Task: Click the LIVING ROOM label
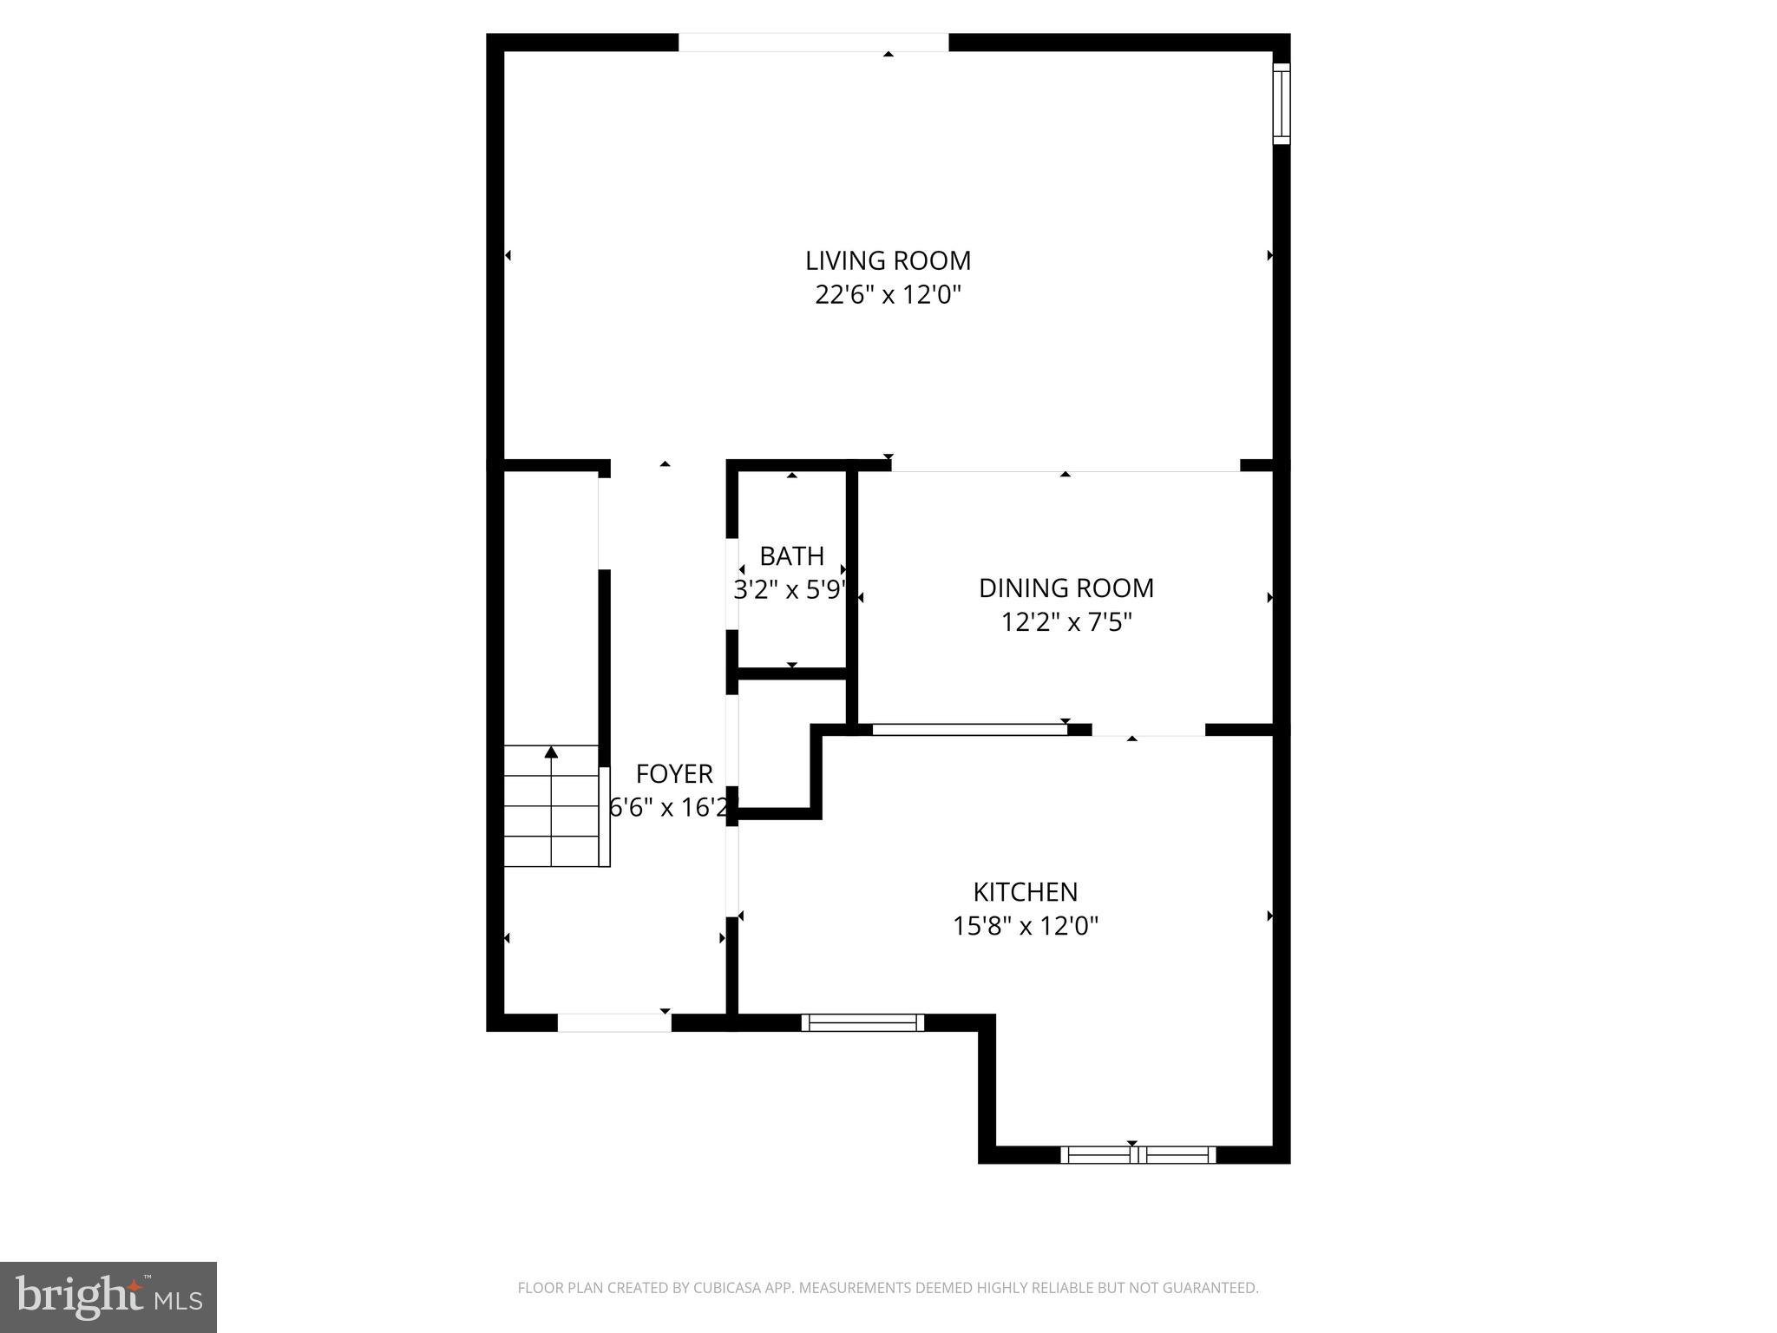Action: (888, 260)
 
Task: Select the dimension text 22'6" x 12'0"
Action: (888, 295)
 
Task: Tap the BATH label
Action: (791, 556)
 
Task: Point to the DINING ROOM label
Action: (1066, 588)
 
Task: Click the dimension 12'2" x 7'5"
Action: (1066, 623)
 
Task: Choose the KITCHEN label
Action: (1025, 892)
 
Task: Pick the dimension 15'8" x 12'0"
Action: (1025, 927)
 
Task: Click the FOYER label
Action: (674, 774)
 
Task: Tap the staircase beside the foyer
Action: (552, 807)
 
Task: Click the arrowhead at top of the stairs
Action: (551, 752)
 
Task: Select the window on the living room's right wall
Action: (1281, 103)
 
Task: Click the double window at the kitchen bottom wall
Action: (1138, 1154)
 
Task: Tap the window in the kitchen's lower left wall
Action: (862, 1022)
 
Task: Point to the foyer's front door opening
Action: (613, 1022)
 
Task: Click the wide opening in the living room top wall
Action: (813, 43)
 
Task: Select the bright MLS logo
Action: (108, 1297)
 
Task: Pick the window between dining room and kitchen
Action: (969, 730)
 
